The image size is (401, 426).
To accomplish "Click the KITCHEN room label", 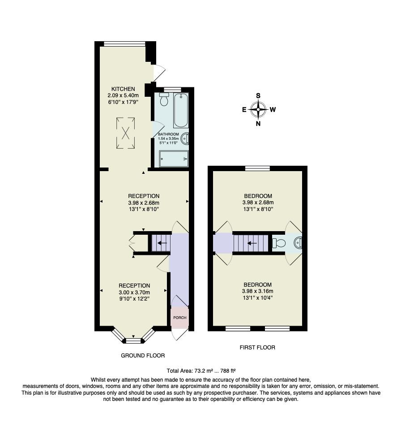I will click(x=123, y=89).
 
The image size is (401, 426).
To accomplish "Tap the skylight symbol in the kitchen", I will click(x=126, y=133).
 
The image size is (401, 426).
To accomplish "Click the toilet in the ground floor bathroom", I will click(x=164, y=99).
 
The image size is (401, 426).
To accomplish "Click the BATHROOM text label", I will click(x=168, y=134).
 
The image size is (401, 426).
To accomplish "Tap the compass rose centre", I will click(x=258, y=109).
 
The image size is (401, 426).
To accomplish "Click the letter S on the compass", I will click(x=258, y=95).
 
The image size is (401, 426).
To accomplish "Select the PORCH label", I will click(x=180, y=318).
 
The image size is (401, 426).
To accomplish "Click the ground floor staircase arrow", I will click(x=162, y=243).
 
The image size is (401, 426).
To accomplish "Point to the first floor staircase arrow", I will click(x=251, y=243).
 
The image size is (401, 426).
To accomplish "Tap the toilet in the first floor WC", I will click(x=279, y=243).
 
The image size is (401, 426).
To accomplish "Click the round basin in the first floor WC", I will click(x=298, y=243).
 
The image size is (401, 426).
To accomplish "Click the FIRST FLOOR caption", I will click(x=257, y=347).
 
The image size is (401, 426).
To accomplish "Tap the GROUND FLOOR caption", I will click(x=143, y=355).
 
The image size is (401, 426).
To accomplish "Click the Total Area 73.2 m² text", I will click(x=200, y=370).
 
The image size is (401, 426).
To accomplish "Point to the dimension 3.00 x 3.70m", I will click(x=134, y=292).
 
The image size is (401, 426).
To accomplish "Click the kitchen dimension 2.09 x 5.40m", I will click(x=123, y=95).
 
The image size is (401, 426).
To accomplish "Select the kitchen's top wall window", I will click(x=125, y=43).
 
